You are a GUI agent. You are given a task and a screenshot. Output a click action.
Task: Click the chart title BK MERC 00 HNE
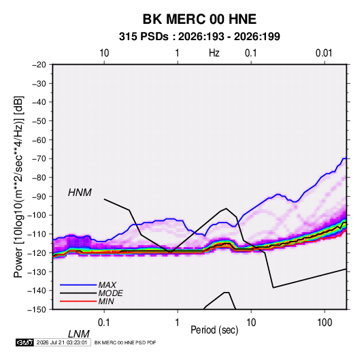[x=199, y=19]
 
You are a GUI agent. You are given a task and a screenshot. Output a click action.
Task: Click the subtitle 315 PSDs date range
[x=199, y=37]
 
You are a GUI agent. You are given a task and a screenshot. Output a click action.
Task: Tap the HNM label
[x=80, y=193]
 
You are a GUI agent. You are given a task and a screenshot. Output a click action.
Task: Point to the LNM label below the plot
[x=78, y=334]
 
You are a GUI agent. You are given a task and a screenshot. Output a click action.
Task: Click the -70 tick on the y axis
[x=39, y=159]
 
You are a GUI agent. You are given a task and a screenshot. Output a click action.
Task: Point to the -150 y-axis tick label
[x=37, y=310]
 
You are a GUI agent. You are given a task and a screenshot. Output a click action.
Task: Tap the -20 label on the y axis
[x=39, y=65]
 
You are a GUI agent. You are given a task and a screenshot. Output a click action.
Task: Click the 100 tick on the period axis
[x=325, y=323]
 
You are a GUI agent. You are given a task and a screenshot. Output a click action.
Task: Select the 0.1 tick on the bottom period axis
[x=103, y=323]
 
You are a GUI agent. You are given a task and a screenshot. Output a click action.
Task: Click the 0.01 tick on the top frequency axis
[x=324, y=53]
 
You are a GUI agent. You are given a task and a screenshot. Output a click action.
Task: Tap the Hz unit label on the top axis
[x=214, y=53]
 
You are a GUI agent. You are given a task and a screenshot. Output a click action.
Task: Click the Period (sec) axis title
[x=214, y=330]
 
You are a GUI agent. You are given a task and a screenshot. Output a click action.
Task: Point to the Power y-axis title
[x=18, y=187]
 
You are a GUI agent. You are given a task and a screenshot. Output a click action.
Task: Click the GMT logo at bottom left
[x=24, y=342]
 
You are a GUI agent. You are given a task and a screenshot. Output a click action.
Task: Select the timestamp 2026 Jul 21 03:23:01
[x=62, y=342]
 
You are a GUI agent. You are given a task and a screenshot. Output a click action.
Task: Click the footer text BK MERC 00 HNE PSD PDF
[x=125, y=342]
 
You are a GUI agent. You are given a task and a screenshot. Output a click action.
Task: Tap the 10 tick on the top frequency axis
[x=104, y=53]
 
